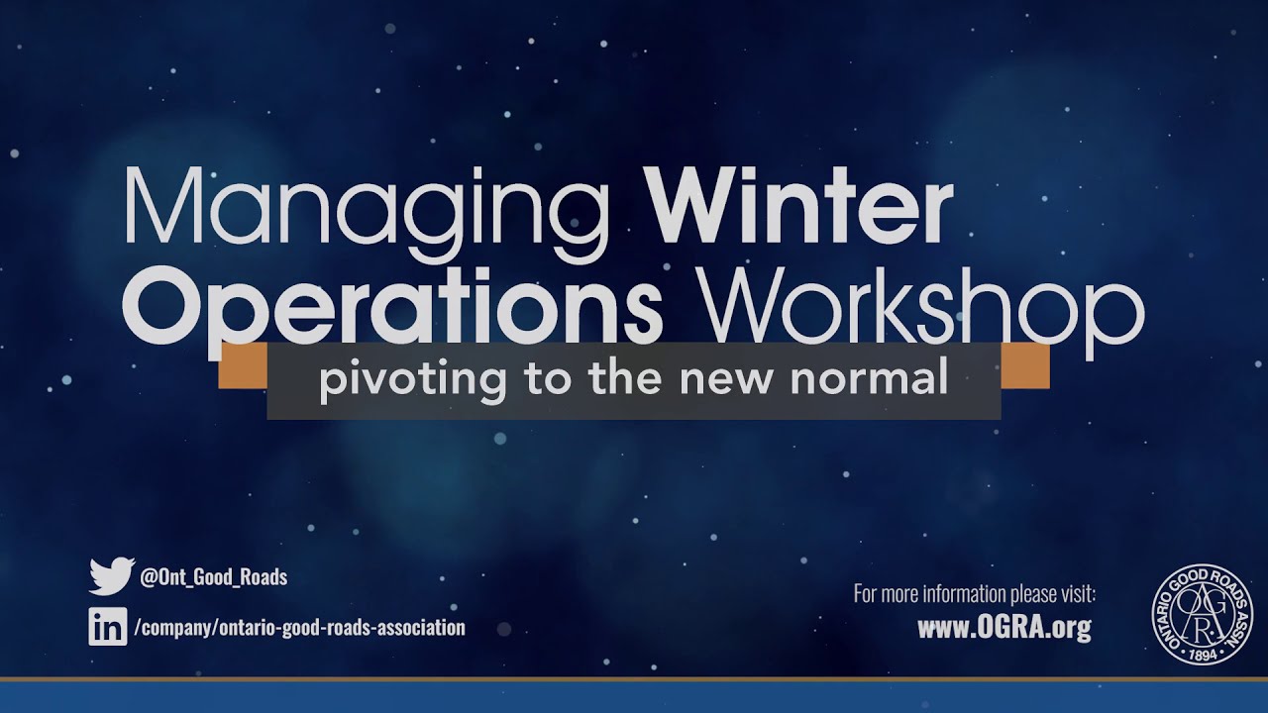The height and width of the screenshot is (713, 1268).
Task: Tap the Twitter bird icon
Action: tap(111, 575)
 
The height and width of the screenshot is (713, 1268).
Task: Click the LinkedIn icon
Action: tap(108, 627)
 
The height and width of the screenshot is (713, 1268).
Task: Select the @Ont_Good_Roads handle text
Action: tap(214, 577)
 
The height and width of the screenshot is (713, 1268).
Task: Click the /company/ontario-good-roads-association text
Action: tap(298, 628)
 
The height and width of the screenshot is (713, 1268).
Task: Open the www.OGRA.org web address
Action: tap(1004, 628)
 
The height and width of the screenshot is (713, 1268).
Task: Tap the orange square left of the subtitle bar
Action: tap(243, 365)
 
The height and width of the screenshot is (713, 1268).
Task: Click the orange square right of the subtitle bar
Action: tap(1025, 365)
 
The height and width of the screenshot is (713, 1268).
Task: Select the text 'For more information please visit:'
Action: tap(975, 595)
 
